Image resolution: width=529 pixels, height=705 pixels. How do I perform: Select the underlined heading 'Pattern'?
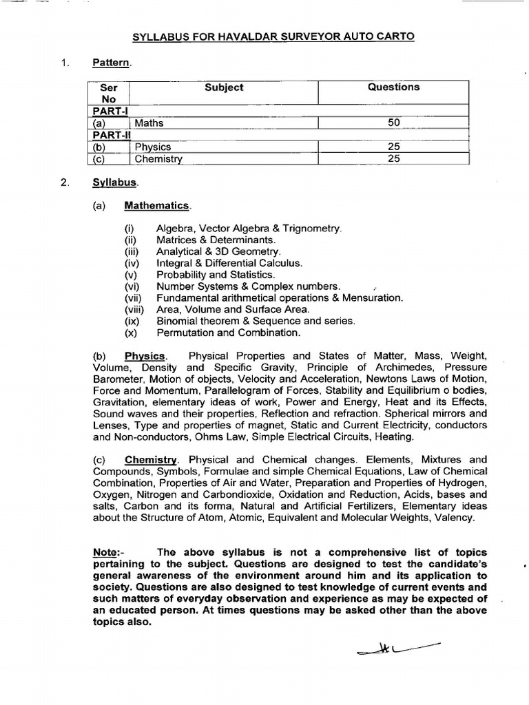(111, 63)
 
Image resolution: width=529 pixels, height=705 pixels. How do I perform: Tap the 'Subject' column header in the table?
(224, 87)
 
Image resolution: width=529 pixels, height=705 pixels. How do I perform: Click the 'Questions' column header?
(393, 87)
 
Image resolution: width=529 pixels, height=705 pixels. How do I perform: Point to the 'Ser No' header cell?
(109, 93)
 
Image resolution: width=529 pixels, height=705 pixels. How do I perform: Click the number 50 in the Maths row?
(393, 123)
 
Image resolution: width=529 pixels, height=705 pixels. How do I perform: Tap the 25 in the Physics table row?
(393, 147)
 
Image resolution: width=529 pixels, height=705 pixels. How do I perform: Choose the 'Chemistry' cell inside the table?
(158, 159)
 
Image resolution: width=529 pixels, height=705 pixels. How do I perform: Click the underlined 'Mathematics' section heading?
(156, 205)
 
